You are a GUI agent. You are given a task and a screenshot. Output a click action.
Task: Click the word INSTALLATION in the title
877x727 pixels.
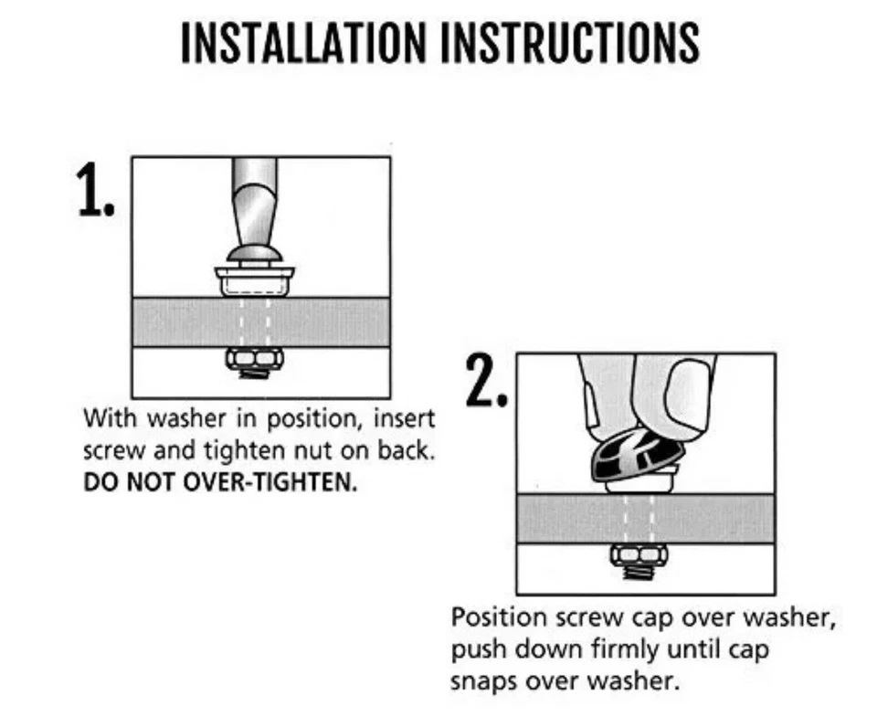pyautogui.click(x=303, y=43)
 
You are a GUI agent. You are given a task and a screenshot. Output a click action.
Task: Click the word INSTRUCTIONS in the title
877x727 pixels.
pyautogui.click(x=570, y=43)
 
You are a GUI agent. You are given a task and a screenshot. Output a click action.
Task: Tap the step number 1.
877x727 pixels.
pyautogui.click(x=95, y=190)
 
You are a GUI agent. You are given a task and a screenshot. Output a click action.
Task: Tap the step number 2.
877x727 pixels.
pyautogui.click(x=487, y=381)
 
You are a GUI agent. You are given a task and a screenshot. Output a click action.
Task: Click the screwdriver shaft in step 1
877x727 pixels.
pyautogui.click(x=255, y=201)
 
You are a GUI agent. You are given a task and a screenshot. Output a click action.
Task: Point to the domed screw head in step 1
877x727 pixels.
pyautogui.click(x=255, y=255)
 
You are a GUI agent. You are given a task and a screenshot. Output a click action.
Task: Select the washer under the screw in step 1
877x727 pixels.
pyautogui.click(x=255, y=281)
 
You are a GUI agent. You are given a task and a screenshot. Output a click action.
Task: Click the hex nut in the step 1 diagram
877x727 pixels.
pyautogui.click(x=255, y=358)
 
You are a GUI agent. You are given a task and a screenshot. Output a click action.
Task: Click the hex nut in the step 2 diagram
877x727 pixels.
pyautogui.click(x=639, y=554)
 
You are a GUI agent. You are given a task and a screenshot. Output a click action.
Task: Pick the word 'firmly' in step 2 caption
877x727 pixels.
pyautogui.click(x=625, y=650)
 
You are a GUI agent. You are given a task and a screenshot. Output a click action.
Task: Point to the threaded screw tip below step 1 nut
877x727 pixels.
pyautogui.click(x=255, y=373)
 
